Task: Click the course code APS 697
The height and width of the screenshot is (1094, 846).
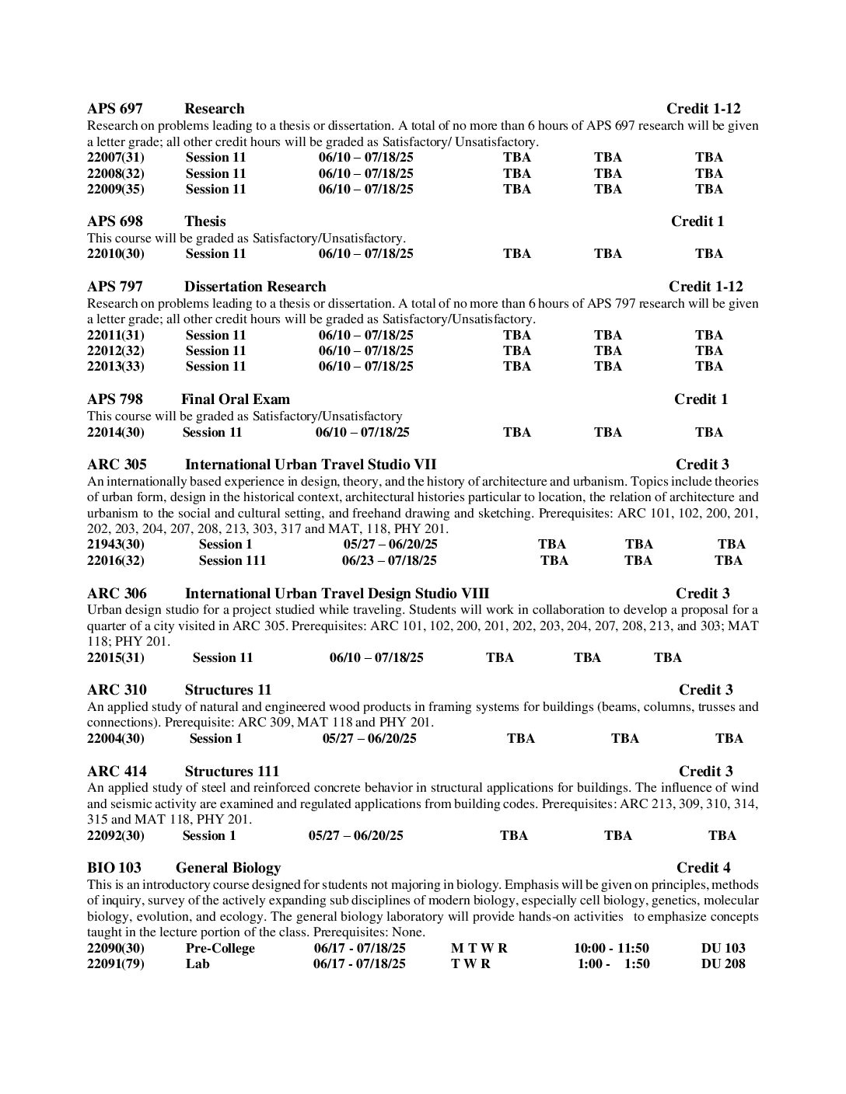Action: point(114,109)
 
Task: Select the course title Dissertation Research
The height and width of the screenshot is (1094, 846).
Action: point(255,287)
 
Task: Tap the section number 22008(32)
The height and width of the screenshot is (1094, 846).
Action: point(116,173)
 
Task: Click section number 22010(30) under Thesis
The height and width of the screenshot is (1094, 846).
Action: point(116,253)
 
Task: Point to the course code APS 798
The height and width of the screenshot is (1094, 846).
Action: point(114,399)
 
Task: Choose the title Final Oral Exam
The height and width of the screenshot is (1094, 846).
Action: point(235,399)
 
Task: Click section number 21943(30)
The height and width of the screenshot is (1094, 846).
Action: point(116,544)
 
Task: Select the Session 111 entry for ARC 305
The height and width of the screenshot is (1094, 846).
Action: point(232,560)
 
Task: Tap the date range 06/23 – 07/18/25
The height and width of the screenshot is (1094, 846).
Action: point(390,560)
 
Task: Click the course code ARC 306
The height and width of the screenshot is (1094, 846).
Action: point(117,594)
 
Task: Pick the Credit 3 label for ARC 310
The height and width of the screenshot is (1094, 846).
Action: point(705,690)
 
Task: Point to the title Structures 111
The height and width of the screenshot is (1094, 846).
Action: point(232,772)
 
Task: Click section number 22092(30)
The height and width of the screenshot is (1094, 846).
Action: point(116,835)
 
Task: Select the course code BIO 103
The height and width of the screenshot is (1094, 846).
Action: point(114,868)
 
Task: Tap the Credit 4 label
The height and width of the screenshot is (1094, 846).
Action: point(703,868)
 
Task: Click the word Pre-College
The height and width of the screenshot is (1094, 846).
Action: point(220,948)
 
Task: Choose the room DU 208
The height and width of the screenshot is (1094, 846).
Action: point(722,964)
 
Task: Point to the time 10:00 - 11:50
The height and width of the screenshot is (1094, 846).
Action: point(611,948)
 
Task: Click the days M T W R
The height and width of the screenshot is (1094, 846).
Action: point(479,948)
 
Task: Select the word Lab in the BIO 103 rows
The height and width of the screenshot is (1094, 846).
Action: point(198,964)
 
